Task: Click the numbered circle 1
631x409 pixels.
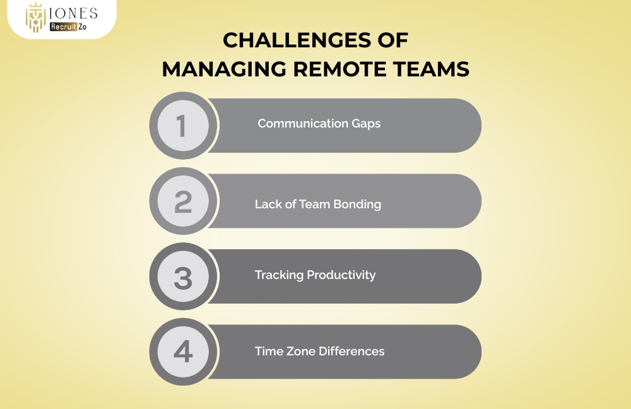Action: (x=182, y=125)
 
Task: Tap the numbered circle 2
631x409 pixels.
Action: (x=182, y=201)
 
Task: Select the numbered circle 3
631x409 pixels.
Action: (x=182, y=276)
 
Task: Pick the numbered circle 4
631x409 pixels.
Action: (x=182, y=352)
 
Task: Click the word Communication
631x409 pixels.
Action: (x=294, y=124)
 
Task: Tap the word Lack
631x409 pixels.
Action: (x=267, y=204)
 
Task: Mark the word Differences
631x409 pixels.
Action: (x=351, y=351)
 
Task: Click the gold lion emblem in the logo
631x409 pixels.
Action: (x=36, y=18)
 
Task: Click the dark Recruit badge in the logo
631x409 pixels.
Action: (x=64, y=27)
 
